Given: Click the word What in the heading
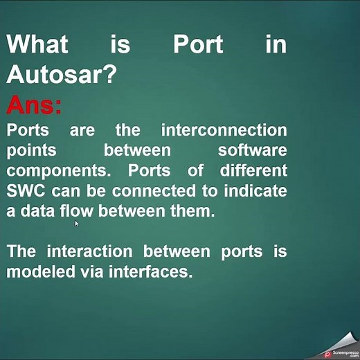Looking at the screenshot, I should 37,44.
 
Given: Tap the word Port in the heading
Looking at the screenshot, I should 198,44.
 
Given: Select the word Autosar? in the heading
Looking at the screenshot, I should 61,75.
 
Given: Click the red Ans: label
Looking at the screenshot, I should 34,106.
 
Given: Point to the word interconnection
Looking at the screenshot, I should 224,130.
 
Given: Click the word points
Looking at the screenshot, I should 31,151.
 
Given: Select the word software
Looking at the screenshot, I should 252,150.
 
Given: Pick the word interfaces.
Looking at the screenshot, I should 148,271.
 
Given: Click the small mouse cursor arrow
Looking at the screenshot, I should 77,224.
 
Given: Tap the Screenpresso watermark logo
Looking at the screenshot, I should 341,352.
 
